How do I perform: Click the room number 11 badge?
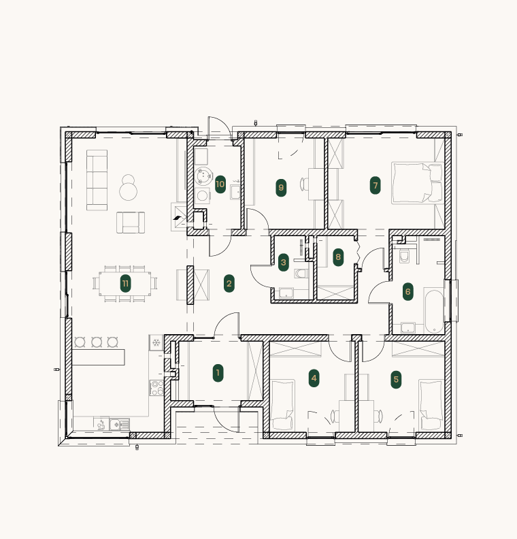coord(125,284)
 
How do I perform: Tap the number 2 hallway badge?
coord(229,284)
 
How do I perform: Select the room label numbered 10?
coord(220,184)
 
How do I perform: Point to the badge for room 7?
coord(375,186)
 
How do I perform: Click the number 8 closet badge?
coord(338,257)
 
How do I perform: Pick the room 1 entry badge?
coord(218,373)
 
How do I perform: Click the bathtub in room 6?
coord(434,312)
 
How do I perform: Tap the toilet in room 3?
coord(301,274)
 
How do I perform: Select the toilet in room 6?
coord(404,256)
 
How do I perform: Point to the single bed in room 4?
coord(282,404)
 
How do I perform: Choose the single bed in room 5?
coord(431,405)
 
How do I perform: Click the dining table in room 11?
coord(125,284)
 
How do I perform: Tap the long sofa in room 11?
coord(97,180)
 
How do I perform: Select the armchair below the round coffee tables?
coord(131,223)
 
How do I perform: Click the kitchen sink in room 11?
coord(120,424)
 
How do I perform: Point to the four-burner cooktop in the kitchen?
coord(156,388)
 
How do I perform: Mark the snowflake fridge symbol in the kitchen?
coord(156,342)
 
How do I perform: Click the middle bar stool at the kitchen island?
coord(97,342)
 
